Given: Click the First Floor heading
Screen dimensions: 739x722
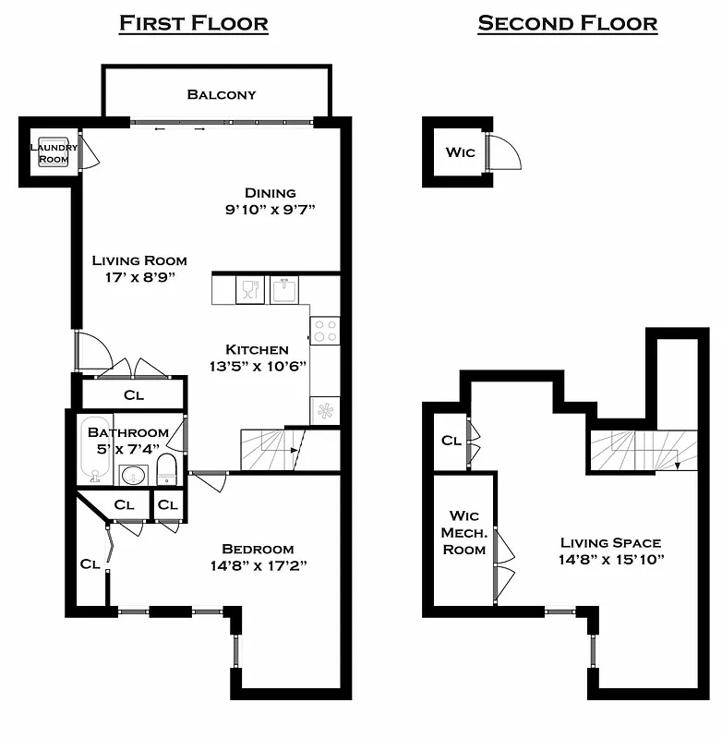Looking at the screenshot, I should pyautogui.click(x=193, y=23).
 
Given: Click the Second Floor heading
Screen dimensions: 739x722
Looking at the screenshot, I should pyautogui.click(x=567, y=23).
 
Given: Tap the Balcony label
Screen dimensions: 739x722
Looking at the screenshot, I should pyautogui.click(x=222, y=94).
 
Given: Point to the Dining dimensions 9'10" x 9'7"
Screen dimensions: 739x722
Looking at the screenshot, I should pyautogui.click(x=271, y=210).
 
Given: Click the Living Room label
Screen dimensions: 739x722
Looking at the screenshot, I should pyautogui.click(x=139, y=260).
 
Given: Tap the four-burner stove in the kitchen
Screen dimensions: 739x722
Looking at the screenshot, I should pyautogui.click(x=325, y=331).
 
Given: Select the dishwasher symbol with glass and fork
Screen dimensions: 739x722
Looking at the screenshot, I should pyautogui.click(x=250, y=290).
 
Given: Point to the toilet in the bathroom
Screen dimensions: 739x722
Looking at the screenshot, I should pyautogui.click(x=166, y=469).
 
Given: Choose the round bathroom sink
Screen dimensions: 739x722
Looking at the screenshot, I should pyautogui.click(x=133, y=476).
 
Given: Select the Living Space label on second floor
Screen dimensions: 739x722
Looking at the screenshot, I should pyautogui.click(x=610, y=543).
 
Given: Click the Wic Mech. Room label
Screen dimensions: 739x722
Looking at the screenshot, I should pyautogui.click(x=464, y=532).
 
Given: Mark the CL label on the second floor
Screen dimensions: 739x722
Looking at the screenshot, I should pyautogui.click(x=451, y=441).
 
